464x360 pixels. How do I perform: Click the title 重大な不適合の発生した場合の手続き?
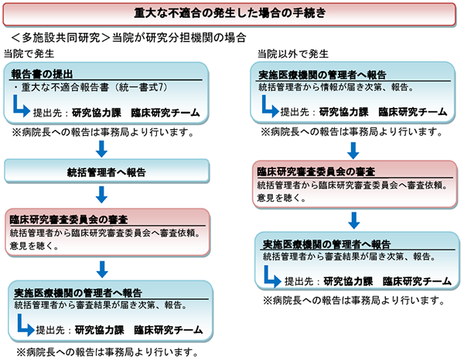coord(232,13)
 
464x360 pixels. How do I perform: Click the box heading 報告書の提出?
coord(43,73)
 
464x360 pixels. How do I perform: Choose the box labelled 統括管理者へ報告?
coord(107,171)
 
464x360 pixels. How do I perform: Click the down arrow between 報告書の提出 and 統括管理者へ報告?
coord(104,147)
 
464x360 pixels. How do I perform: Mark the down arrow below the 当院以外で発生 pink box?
coord(353,219)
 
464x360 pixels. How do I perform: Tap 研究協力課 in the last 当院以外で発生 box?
coord(346,280)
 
